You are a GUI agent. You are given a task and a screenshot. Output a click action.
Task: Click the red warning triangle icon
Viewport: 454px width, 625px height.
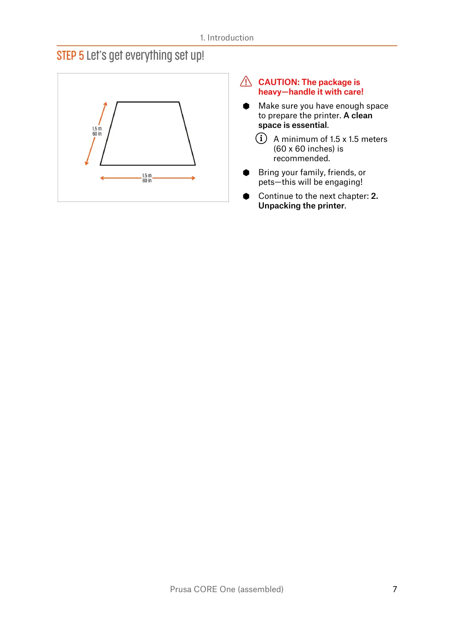point(246,81)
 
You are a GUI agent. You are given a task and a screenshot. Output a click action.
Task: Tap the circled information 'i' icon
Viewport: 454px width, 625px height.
point(261,138)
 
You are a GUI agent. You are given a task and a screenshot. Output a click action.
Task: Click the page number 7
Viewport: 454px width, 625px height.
point(395,589)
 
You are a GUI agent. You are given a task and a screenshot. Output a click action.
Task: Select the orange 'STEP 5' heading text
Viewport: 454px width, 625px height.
point(70,56)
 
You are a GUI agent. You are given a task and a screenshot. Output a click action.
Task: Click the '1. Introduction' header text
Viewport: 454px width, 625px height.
point(227,38)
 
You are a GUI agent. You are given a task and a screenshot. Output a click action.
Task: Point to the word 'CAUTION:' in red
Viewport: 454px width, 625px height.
point(279,82)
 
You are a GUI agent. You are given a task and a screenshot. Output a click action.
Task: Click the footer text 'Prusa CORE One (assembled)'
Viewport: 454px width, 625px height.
point(227,589)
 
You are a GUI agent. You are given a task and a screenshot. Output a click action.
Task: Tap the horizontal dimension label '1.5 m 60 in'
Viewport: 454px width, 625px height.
point(147,178)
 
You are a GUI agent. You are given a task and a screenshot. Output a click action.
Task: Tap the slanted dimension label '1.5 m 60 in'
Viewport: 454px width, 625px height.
point(97,131)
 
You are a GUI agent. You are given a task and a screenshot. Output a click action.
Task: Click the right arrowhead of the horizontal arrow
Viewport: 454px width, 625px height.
point(193,178)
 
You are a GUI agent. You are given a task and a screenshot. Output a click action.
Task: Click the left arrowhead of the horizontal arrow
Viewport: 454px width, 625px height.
point(102,178)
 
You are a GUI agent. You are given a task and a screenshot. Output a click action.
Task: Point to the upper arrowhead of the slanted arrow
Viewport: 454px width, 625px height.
point(106,104)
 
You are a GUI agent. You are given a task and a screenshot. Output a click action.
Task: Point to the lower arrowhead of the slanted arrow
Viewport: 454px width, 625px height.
point(86,163)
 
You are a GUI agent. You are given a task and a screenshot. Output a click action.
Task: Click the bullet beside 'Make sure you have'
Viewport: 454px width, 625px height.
point(246,106)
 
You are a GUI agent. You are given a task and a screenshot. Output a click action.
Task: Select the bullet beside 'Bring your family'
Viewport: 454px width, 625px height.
point(246,172)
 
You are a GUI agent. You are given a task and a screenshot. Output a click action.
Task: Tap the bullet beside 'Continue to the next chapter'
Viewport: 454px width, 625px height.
point(246,196)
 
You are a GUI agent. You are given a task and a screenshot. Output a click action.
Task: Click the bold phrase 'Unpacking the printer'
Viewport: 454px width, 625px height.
point(301,206)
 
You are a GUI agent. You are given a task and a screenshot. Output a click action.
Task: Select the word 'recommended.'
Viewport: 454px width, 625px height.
point(301,158)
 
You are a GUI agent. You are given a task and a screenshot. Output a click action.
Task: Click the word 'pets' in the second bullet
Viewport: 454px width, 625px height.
point(266,182)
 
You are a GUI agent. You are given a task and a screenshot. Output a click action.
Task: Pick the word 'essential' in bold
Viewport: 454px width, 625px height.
point(309,125)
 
